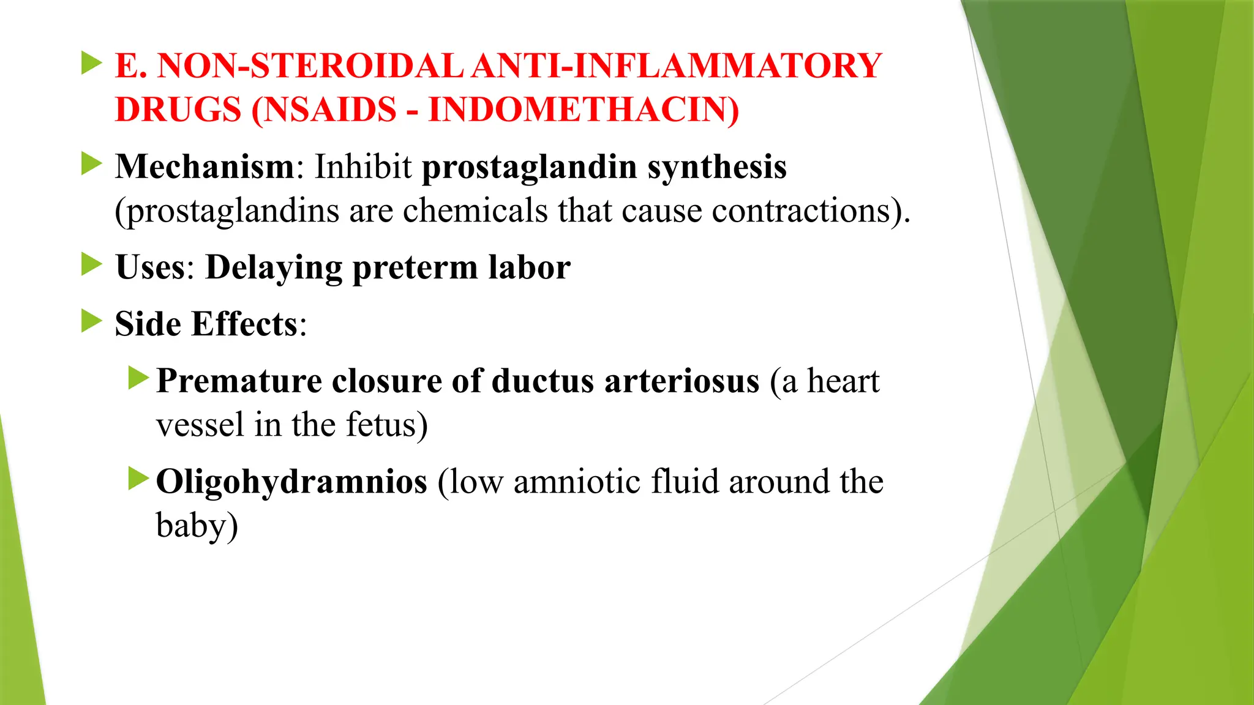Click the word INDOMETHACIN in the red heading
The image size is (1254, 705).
583,110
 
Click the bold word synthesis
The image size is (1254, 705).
717,166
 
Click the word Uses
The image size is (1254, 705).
151,267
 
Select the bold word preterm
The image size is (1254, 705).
415,267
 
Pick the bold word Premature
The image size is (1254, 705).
239,381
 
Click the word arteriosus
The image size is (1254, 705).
681,381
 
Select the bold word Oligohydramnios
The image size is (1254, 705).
291,482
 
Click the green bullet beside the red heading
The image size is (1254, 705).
92,63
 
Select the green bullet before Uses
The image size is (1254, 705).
92,264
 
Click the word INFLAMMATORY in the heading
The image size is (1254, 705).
727,66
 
